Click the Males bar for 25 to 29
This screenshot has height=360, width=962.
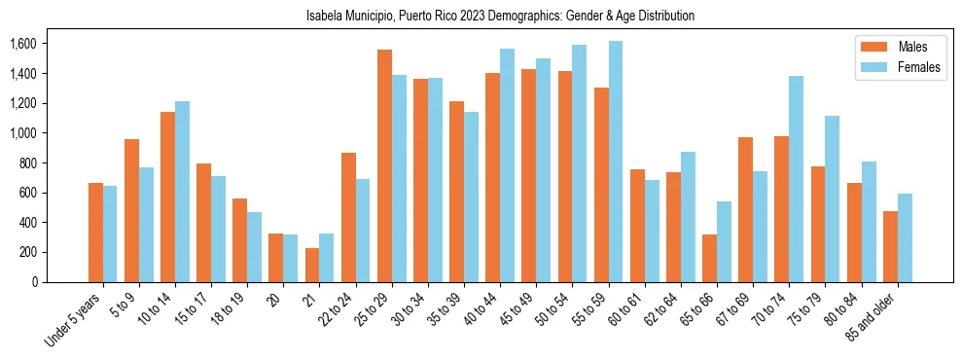click(384, 165)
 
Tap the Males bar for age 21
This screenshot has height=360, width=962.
click(312, 265)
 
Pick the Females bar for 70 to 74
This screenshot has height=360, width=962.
click(796, 179)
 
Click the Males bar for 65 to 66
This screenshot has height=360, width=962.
click(709, 258)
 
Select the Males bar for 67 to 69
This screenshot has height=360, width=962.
click(745, 209)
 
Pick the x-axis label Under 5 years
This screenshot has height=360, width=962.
click(74, 319)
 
